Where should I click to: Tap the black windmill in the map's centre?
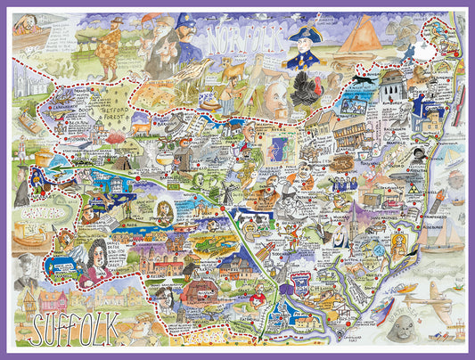[222, 192]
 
